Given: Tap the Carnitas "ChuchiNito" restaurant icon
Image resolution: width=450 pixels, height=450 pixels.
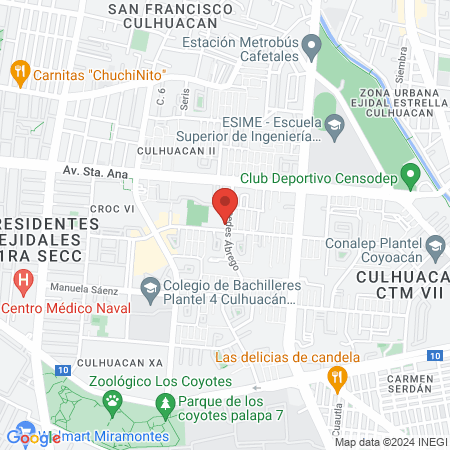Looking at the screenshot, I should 18,73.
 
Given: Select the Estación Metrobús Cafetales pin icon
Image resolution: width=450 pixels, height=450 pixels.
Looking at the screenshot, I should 312,45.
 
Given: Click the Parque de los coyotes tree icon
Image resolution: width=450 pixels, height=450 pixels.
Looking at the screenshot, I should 164,403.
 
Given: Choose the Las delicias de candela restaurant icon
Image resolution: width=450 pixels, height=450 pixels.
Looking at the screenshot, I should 336,376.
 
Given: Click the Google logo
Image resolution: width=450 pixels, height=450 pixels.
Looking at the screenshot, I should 33,436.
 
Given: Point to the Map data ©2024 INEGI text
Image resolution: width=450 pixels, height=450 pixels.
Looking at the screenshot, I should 390,441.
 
